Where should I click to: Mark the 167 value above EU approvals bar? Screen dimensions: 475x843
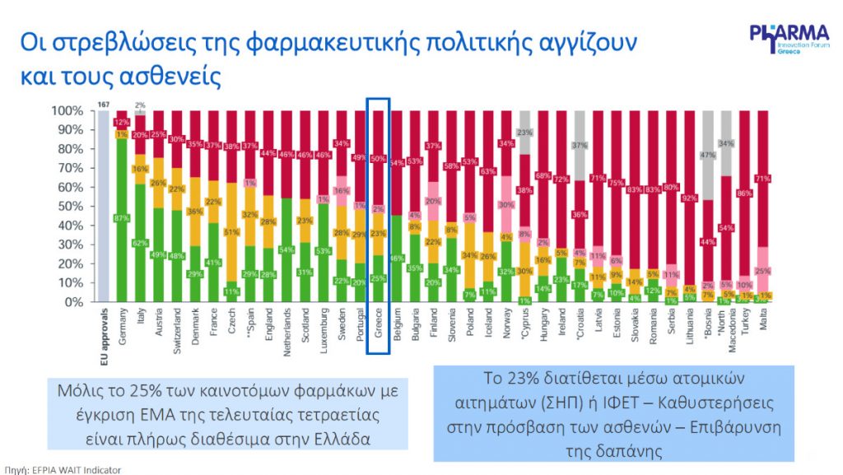click(x=104, y=105)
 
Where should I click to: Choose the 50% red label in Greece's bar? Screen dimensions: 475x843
click(x=376, y=159)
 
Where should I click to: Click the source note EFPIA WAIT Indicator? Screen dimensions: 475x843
click(x=61, y=469)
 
